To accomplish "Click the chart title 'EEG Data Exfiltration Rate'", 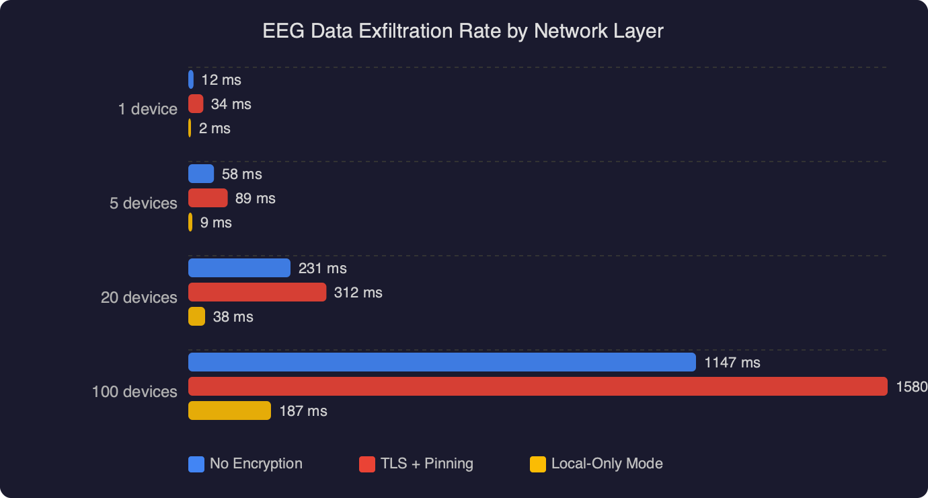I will coord(463,31).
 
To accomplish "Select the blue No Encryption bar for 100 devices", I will coord(442,362).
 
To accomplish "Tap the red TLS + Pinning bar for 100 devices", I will coord(537,386).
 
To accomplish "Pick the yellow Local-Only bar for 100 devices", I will coord(229,411).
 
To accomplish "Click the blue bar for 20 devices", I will coord(239,268).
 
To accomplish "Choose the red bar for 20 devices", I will coord(257,292).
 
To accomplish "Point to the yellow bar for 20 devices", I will coord(196,316).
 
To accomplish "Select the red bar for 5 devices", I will coord(208,198).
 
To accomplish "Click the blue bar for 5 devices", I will coord(201,174).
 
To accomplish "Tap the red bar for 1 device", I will coord(196,104).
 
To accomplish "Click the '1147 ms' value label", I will coord(732,363).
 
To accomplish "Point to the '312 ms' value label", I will coord(358,293).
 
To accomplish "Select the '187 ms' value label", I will coord(303,411).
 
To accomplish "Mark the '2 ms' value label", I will coord(215,129).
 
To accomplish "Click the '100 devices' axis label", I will coord(134,392).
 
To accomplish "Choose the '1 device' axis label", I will coord(148,109).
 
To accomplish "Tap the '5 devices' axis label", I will coord(143,203).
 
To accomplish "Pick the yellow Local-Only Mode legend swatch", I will coord(537,464).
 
